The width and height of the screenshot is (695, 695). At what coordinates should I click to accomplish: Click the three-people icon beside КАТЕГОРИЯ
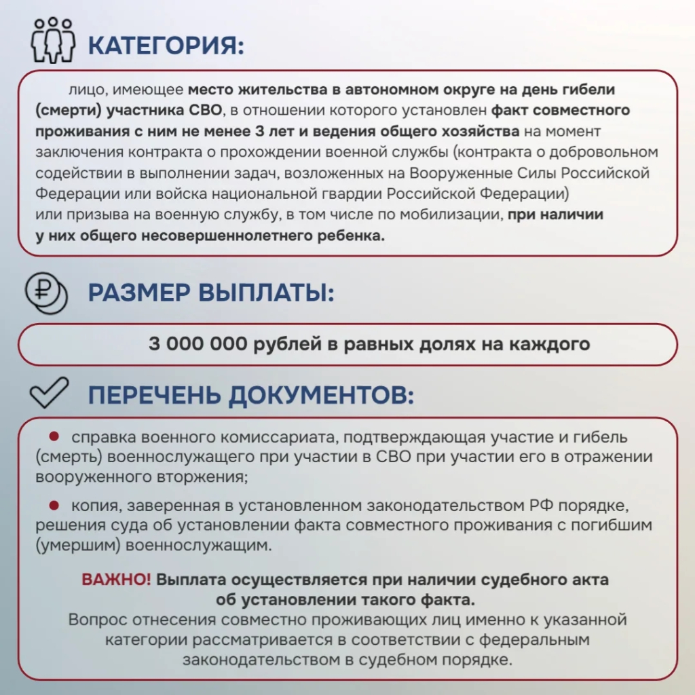pos(53,40)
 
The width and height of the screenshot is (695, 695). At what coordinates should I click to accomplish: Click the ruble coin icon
pos(46,294)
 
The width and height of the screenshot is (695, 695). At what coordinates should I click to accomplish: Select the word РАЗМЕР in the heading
pos(138,293)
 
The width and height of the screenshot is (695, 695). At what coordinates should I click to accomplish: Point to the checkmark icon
pos(50,393)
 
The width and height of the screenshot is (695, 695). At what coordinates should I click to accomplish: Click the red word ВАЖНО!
pos(117,580)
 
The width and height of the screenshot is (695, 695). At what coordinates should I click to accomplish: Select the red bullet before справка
pos(54,436)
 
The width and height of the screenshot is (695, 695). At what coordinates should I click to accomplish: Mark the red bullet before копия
pos(54,505)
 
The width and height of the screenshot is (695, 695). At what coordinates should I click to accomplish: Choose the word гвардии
pos(345,194)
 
